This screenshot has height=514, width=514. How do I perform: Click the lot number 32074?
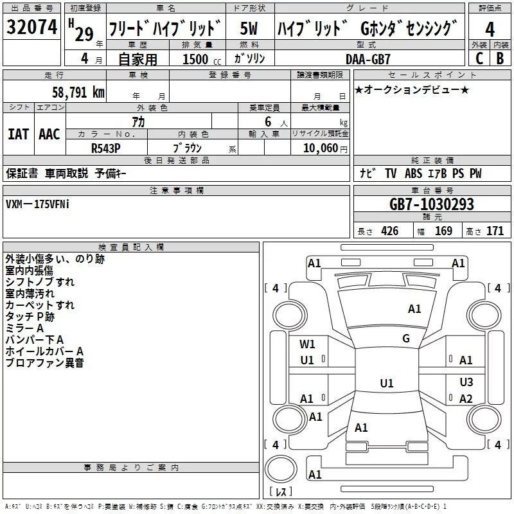click(31, 28)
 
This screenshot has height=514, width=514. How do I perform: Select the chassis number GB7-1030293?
click(432, 204)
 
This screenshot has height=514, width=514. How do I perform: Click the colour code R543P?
click(106, 147)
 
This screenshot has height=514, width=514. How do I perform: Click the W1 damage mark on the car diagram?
click(308, 344)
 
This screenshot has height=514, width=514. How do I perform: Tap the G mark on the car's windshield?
click(405, 339)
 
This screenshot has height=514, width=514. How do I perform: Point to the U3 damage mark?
click(466, 382)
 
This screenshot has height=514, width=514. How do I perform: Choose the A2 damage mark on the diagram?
click(466, 399)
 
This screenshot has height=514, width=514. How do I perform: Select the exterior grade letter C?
click(479, 58)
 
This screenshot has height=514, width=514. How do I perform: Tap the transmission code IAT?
click(18, 134)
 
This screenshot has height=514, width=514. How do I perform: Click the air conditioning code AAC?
click(49, 134)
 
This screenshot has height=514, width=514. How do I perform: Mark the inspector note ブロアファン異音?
click(44, 363)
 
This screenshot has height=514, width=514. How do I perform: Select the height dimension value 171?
click(495, 231)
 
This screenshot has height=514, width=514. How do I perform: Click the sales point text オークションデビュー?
click(412, 89)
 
